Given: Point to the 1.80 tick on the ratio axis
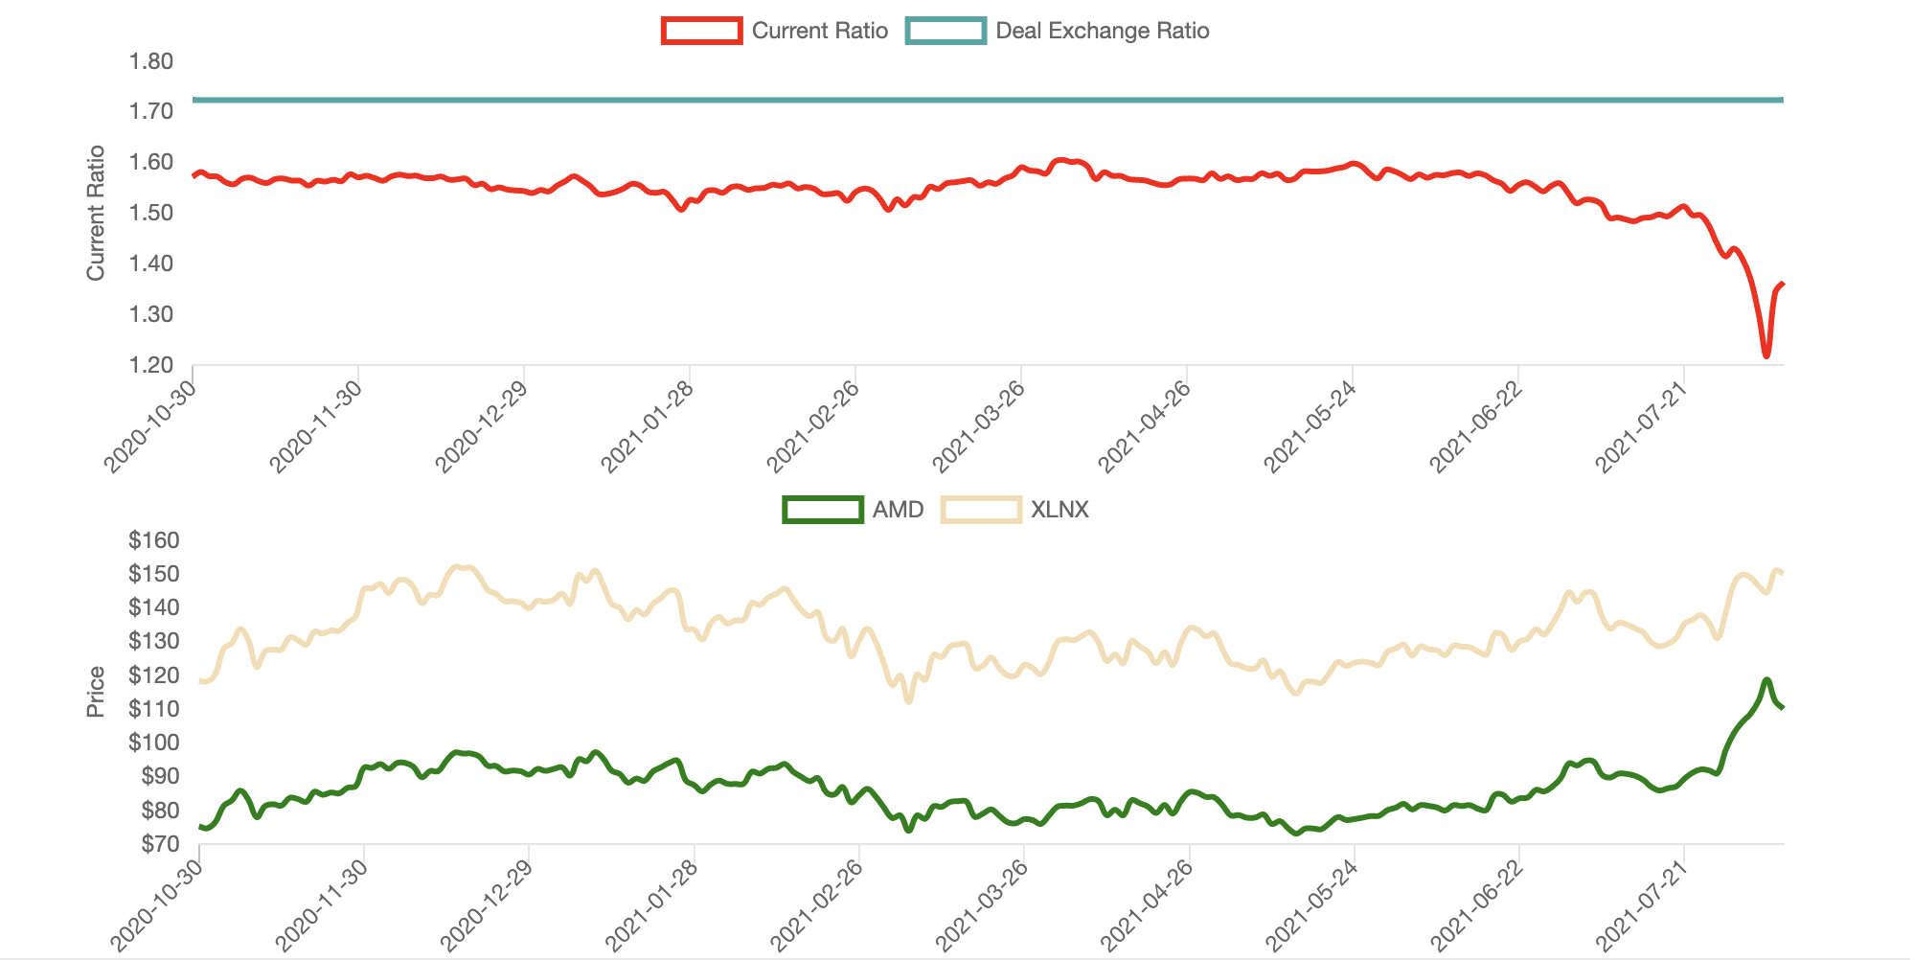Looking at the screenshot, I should pyautogui.click(x=150, y=61).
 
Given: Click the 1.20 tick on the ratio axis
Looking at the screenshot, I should pyautogui.click(x=150, y=365).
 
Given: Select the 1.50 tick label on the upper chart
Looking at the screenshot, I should pyautogui.click(x=150, y=213).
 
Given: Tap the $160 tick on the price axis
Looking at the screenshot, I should pyautogui.click(x=153, y=540).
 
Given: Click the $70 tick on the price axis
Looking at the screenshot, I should pyautogui.click(x=158, y=844).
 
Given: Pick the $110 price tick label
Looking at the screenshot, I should pyautogui.click(x=153, y=709).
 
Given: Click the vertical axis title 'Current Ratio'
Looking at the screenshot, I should pyautogui.click(x=95, y=213).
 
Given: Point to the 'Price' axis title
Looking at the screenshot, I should pyautogui.click(x=95, y=692).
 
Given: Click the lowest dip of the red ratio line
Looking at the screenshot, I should pyautogui.click(x=1766, y=356).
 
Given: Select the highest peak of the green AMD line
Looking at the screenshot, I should pyautogui.click(x=1766, y=679).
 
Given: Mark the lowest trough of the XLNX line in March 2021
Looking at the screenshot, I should pyautogui.click(x=908, y=701).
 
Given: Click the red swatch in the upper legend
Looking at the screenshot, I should pyautogui.click(x=701, y=31).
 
